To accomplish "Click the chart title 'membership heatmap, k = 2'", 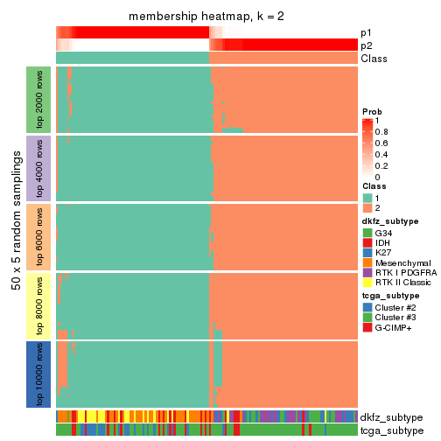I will tap(206, 17).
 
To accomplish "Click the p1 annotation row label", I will tap(367, 32).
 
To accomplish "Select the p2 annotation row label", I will tap(367, 45).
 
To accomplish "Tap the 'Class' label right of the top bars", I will tap(374, 59).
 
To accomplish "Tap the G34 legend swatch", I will tap(367, 233).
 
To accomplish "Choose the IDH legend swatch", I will tap(367, 243).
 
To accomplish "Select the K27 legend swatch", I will tap(367, 254).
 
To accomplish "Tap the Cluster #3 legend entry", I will tap(397, 317).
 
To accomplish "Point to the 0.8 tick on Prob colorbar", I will tap(384, 131).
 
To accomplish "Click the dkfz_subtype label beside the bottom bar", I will tap(391, 416).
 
